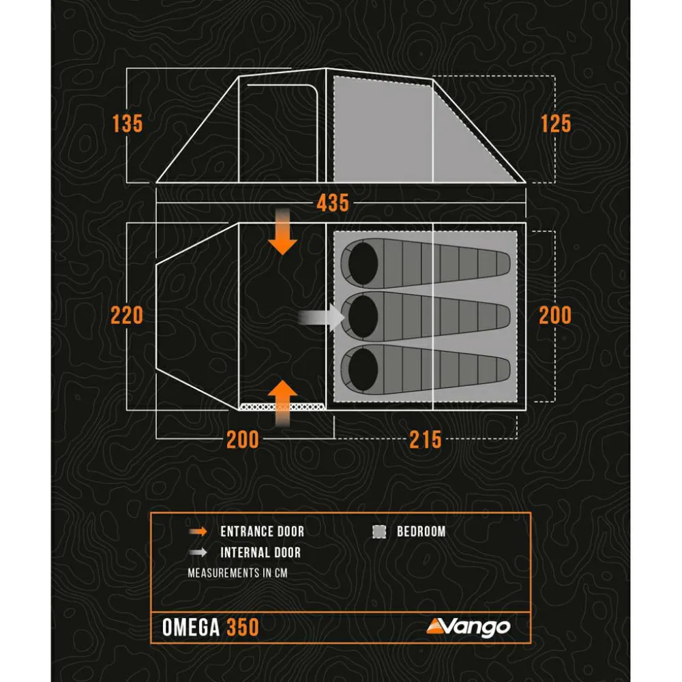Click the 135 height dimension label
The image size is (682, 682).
(128, 123)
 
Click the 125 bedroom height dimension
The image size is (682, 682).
(556, 123)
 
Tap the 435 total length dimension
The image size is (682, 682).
(333, 203)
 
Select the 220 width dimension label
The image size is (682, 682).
(127, 315)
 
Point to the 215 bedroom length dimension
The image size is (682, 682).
(426, 439)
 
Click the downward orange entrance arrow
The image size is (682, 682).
(283, 232)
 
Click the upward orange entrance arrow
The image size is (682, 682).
(283, 404)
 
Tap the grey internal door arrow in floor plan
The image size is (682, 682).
(321, 318)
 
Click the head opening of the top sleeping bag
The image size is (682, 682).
(364, 263)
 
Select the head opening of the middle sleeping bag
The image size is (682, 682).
(364, 316)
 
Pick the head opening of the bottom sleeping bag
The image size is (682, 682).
(364, 369)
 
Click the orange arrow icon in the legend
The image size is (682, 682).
(198, 531)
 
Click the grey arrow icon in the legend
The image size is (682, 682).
(198, 552)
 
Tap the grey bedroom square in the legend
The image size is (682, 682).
(379, 531)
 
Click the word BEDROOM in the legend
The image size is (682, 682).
(421, 531)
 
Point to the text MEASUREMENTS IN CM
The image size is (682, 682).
(237, 573)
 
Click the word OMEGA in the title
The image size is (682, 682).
(191, 627)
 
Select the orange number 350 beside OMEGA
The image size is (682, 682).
(243, 627)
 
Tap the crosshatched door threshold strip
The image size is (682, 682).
(283, 406)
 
